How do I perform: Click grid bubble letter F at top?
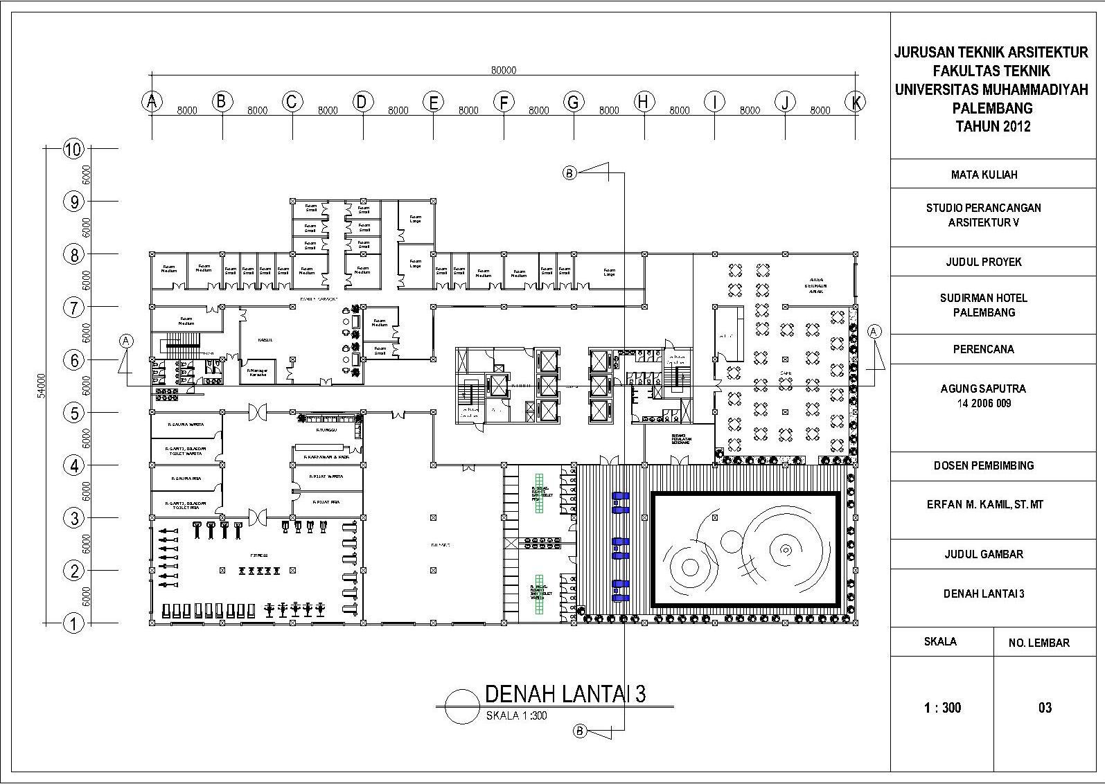pos(504,103)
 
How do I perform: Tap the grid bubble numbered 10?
pos(73,148)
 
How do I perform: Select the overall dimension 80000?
pos(504,70)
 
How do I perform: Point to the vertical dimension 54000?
pos(41,385)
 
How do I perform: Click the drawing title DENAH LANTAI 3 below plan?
pos(565,693)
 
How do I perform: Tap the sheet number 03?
pos(1045,707)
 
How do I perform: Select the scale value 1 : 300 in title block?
pos(942,707)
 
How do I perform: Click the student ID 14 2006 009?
pos(984,403)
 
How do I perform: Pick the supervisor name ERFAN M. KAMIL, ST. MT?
pos(984,504)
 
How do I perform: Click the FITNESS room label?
pos(259,555)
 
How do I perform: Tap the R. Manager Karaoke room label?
pos(258,373)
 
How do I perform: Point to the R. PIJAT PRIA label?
pos(326,501)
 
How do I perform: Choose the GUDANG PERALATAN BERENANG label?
pos(680,440)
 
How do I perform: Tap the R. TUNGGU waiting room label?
pos(326,430)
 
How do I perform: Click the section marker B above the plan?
pos(569,173)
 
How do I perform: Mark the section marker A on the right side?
pos(874,332)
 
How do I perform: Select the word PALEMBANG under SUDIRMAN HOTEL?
pos(984,312)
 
